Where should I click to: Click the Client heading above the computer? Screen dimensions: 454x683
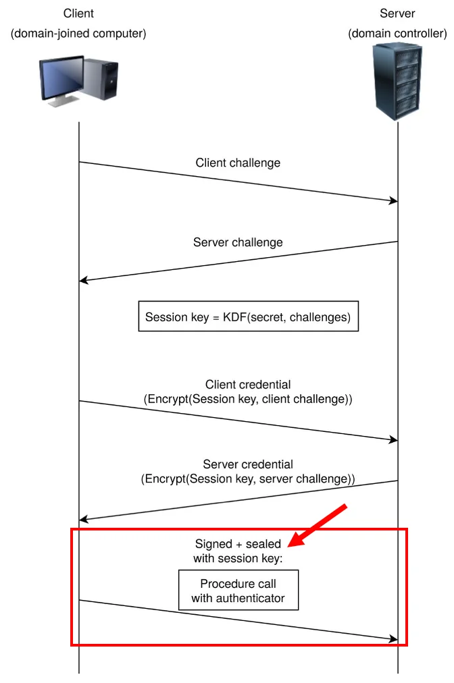click(x=78, y=13)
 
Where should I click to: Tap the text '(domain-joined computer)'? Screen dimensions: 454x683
click(x=78, y=34)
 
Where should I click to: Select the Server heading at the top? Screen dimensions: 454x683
click(x=397, y=13)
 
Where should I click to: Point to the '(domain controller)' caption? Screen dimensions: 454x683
click(x=397, y=34)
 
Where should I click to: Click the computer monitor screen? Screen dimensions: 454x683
click(x=61, y=78)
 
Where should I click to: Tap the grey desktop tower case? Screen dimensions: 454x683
click(x=101, y=79)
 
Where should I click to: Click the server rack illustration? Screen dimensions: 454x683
click(x=397, y=81)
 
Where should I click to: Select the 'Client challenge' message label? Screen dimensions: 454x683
click(x=238, y=163)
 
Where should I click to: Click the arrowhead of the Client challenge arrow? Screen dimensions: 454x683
click(x=394, y=201)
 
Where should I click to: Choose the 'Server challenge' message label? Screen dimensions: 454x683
click(x=238, y=242)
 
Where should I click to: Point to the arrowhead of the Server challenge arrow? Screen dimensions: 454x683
click(x=83, y=281)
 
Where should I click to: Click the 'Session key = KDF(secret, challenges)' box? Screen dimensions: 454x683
click(x=249, y=317)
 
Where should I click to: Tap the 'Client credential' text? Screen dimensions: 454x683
click(x=248, y=385)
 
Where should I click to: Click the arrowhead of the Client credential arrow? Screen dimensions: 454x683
click(x=394, y=440)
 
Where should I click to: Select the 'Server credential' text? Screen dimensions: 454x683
click(x=248, y=464)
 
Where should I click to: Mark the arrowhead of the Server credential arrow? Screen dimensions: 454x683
click(x=83, y=519)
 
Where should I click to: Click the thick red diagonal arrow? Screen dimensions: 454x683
click(x=318, y=525)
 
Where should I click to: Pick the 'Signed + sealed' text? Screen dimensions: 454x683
click(x=238, y=544)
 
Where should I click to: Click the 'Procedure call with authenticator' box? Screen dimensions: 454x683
click(x=238, y=591)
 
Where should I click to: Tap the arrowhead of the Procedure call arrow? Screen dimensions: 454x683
click(x=394, y=639)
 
